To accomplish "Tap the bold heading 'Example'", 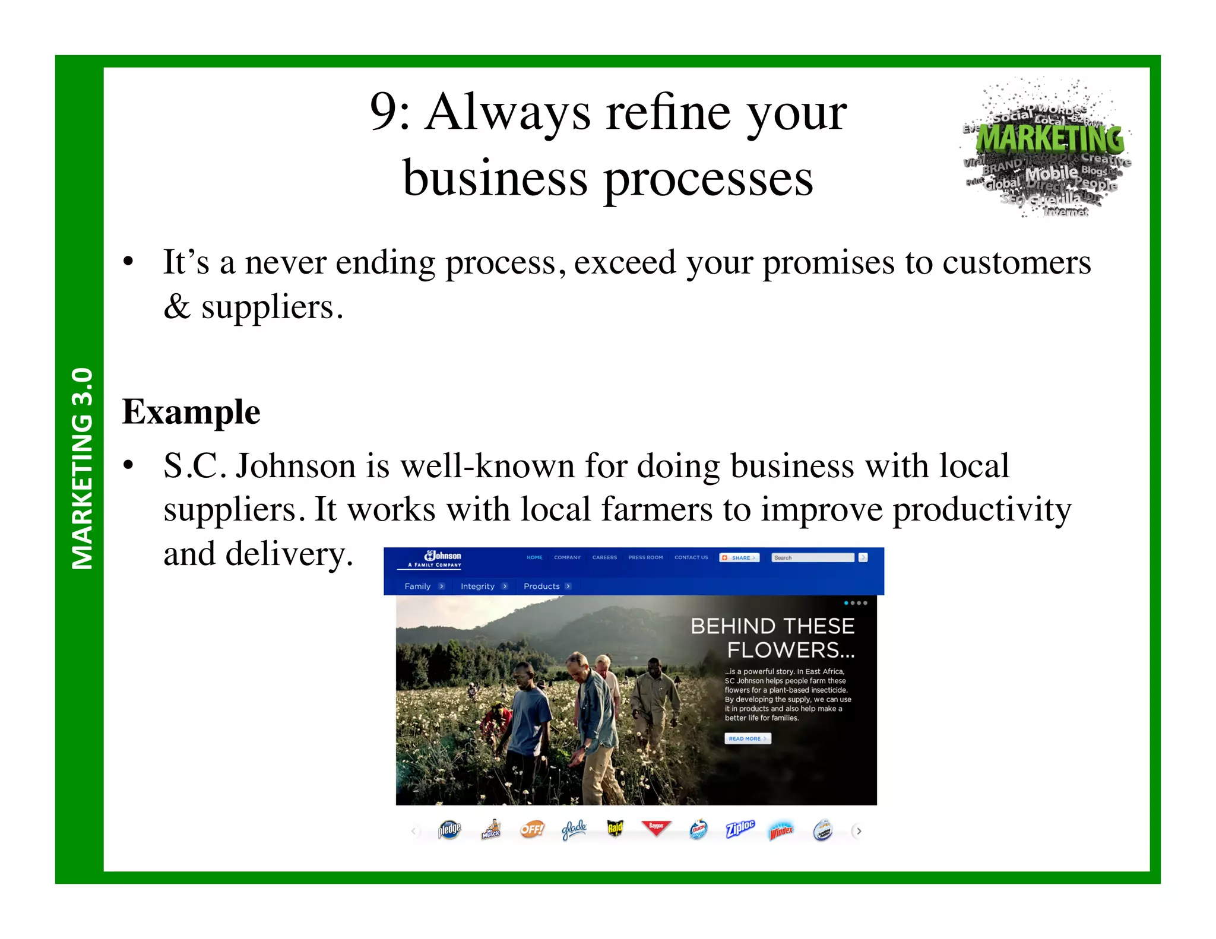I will [x=191, y=412].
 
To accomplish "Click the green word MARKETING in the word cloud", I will [x=1050, y=139].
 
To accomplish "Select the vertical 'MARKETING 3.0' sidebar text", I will [x=82, y=469].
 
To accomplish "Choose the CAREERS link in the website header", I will [x=604, y=557].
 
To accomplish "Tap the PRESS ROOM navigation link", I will [x=645, y=557].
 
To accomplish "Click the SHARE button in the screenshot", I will [x=739, y=557].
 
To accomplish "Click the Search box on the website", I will [x=812, y=557].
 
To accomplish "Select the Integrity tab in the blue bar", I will [x=477, y=586].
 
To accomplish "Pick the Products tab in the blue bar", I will [x=541, y=586].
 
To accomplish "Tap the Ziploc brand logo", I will [x=740, y=829].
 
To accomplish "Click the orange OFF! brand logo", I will [x=532, y=829].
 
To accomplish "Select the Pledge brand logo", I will [x=449, y=829].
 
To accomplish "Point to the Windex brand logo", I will [x=781, y=830].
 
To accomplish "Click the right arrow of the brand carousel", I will [x=858, y=831].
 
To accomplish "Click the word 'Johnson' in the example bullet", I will [x=295, y=466].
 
